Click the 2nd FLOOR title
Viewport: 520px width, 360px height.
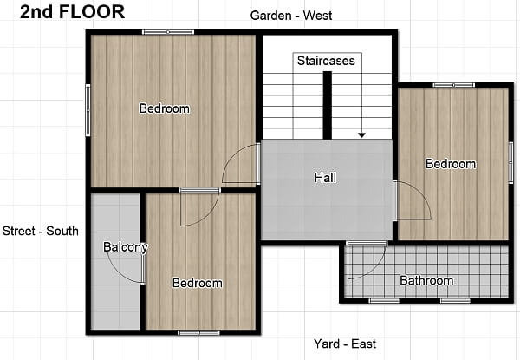72,12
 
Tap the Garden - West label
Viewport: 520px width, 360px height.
291,16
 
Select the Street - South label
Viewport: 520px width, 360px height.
41,231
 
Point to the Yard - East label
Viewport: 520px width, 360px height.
345,344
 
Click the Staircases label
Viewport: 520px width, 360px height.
326,61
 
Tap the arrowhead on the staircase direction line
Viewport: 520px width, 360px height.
361,135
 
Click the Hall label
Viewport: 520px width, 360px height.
325,178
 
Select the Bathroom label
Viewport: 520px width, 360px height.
426,280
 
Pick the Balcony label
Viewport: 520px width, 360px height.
126,247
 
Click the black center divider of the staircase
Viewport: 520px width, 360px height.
328,106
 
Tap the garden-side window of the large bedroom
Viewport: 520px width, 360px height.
168,32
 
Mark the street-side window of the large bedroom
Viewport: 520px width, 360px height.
88,110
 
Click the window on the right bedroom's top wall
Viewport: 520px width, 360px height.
453,85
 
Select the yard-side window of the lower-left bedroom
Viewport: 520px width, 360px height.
198,332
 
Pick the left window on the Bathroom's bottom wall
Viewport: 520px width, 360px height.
385,301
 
